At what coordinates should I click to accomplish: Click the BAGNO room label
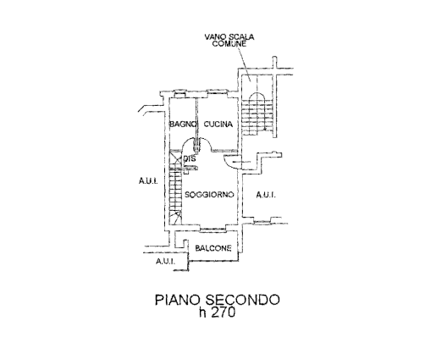coord(183,124)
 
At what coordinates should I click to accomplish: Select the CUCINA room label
coord(218,124)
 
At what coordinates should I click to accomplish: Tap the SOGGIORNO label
coord(209,195)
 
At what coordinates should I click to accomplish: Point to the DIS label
coord(190,158)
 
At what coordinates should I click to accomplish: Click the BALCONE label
coord(213,248)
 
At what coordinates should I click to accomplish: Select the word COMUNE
coord(229,44)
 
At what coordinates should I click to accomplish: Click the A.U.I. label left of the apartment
coord(148,180)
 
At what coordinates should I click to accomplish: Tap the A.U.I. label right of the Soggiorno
coord(266,195)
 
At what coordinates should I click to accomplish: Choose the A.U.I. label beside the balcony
coord(165,261)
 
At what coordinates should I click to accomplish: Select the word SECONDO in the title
coord(243,300)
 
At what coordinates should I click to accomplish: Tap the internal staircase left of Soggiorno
coord(175,188)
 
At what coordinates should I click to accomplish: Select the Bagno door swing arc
coord(189,143)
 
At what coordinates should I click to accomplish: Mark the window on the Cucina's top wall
coord(217,91)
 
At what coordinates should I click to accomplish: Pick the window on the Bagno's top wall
coord(179,91)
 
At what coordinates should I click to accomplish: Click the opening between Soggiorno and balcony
coord(212,228)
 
